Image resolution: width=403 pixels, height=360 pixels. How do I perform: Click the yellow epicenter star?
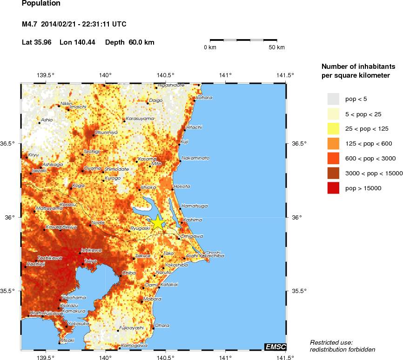click(158, 223)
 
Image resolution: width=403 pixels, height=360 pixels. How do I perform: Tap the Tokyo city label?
click(90, 261)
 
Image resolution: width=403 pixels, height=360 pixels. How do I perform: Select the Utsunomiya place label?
click(106, 133)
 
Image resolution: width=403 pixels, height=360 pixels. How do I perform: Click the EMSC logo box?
click(275, 347)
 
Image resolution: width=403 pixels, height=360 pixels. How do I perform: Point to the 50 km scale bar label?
click(277, 47)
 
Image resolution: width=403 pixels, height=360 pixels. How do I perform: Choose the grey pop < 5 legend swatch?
click(333, 99)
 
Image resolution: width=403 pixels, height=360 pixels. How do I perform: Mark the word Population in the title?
click(41, 4)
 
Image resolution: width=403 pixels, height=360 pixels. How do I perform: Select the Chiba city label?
click(128, 273)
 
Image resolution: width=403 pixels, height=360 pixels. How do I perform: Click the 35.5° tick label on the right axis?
click(300, 291)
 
